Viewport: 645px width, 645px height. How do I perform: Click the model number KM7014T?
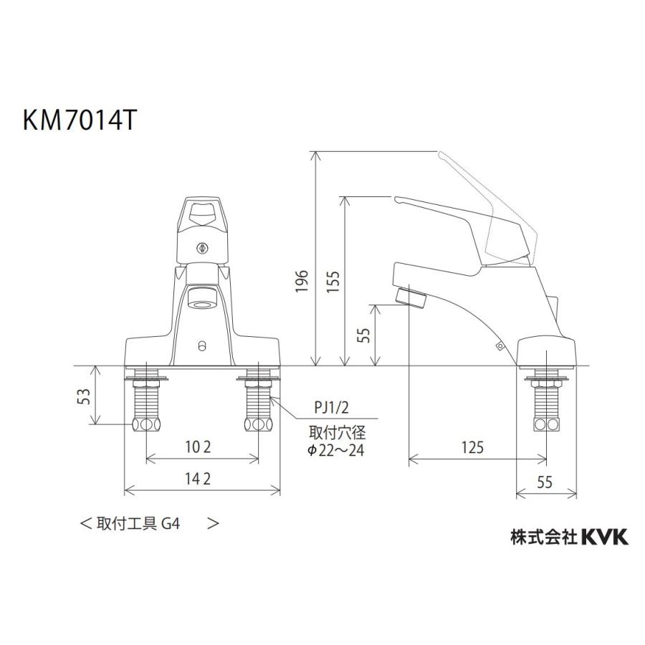pos(79,121)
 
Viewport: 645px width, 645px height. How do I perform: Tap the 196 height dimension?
pos(302,281)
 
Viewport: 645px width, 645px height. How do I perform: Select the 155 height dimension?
pos(333,281)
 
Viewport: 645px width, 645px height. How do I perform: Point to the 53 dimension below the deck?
pos(84,396)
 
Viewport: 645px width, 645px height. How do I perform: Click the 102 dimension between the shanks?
pos(198,446)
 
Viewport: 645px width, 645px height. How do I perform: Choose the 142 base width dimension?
pos(198,479)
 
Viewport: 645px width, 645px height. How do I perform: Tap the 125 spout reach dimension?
pos(472,447)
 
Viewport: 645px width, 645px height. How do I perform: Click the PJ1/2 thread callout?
pos(332,408)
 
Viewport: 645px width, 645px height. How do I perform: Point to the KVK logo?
pos(605,537)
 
